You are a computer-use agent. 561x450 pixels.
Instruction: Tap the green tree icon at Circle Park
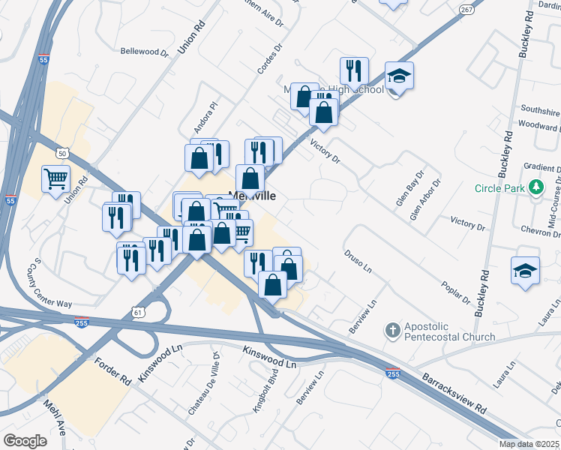(x=536, y=187)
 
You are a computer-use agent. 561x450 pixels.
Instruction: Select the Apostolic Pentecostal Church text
(x=449, y=331)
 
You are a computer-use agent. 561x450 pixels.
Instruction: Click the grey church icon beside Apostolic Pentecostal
(x=392, y=330)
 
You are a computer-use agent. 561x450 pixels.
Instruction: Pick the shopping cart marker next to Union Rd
(x=56, y=178)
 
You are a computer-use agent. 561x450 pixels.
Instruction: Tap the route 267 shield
(x=467, y=10)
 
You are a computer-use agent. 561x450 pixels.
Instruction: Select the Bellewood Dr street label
(x=145, y=52)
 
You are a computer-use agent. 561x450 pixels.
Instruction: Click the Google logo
(x=25, y=441)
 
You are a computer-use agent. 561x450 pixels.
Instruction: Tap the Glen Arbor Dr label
(x=425, y=198)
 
